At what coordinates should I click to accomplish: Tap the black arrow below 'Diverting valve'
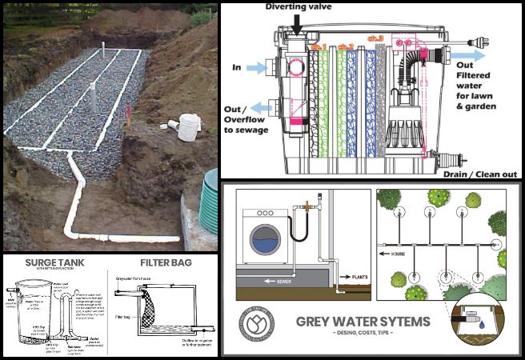tap(299, 24)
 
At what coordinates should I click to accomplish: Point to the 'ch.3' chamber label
tap(398, 38)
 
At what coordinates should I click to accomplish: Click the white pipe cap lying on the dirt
tap(186, 126)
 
